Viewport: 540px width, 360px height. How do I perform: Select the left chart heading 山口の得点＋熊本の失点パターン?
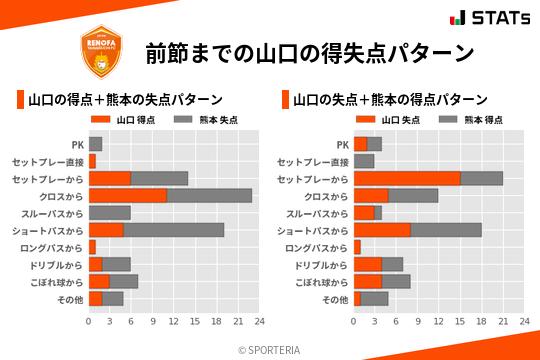tap(125, 100)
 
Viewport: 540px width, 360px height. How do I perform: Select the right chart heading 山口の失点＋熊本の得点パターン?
tap(390, 100)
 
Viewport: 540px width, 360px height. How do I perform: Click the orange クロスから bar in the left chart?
tap(128, 195)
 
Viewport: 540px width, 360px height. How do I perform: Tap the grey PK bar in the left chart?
tap(96, 144)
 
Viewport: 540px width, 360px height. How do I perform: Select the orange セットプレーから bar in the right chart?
tap(407, 178)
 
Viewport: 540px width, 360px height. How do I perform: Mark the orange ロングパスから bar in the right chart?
tap(357, 247)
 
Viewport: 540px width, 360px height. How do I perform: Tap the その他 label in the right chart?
tap(334, 299)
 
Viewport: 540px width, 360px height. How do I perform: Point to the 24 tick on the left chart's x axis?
tap(259, 322)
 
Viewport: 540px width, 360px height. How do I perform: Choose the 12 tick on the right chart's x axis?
tap(438, 322)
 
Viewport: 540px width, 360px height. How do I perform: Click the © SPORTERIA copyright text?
tap(270, 349)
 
